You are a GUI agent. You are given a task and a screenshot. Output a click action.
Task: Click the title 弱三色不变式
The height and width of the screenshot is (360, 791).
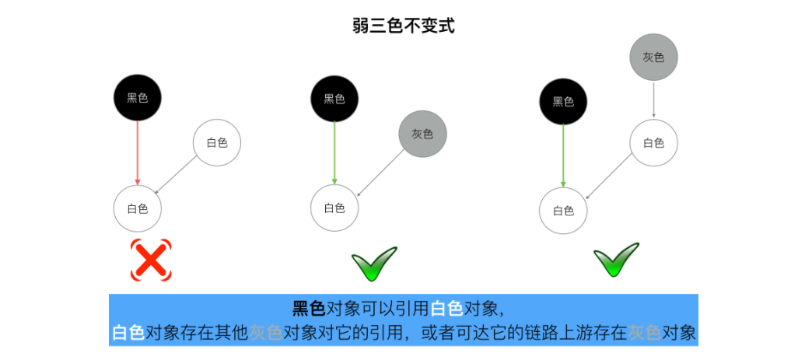pyautogui.click(x=403, y=25)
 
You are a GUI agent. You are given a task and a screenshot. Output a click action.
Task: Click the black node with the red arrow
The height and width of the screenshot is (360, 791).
pyautogui.click(x=138, y=98)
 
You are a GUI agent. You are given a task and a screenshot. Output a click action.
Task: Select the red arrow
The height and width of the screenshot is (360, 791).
pyautogui.click(x=138, y=152)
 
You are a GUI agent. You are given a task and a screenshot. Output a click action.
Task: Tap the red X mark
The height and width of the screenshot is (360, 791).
pyautogui.click(x=150, y=260)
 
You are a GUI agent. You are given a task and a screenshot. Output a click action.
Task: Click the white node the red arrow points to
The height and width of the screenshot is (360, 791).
pyautogui.click(x=138, y=208)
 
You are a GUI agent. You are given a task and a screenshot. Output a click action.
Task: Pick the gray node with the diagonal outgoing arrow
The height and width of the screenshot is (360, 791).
pyautogui.click(x=422, y=134)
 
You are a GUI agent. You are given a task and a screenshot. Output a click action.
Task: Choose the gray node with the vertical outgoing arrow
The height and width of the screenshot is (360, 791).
pyautogui.click(x=653, y=58)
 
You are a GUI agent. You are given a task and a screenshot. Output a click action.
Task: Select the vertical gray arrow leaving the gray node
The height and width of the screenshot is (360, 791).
pyautogui.click(x=653, y=100)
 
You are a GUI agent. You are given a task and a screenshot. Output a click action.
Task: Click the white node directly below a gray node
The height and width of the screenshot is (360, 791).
pyautogui.click(x=653, y=142)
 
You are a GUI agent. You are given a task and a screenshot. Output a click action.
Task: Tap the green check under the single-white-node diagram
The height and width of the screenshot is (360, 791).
pyautogui.click(x=374, y=264)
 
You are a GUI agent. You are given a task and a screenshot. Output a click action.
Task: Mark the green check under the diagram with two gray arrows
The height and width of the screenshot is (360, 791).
pyautogui.click(x=616, y=262)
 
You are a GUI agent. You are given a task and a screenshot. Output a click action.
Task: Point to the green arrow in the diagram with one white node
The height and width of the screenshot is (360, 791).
pyautogui.click(x=334, y=152)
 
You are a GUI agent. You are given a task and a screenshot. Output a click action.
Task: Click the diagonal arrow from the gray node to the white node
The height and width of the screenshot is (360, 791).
pyautogui.click(x=380, y=173)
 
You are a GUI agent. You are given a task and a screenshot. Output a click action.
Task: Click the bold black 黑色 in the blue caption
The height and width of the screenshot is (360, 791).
pyautogui.click(x=308, y=308)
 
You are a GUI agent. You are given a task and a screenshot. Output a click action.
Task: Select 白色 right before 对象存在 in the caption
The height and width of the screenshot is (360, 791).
pyautogui.click(x=128, y=333)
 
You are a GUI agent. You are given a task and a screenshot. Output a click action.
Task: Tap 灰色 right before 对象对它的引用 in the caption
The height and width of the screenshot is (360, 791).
pyautogui.click(x=265, y=333)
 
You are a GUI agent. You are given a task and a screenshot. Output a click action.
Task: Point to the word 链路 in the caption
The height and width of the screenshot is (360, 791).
pyautogui.click(x=541, y=333)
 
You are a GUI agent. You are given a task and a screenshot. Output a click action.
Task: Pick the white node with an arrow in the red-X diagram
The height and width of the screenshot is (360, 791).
pyautogui.click(x=217, y=142)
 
